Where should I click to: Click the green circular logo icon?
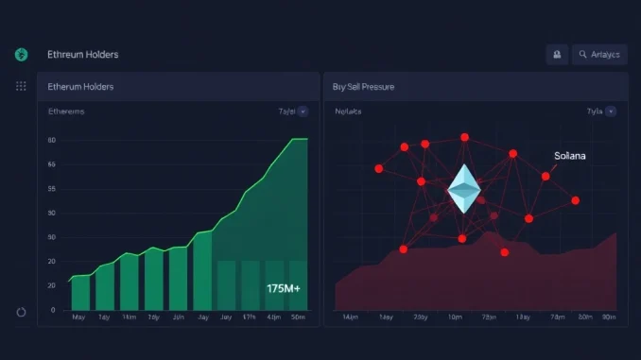tap(21, 55)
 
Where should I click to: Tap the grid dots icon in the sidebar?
tap(21, 86)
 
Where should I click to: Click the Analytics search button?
tap(599, 55)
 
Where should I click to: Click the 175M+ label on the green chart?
tap(283, 287)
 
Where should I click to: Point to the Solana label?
tap(569, 155)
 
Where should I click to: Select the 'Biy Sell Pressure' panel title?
tap(364, 87)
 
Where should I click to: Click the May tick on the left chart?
tap(79, 318)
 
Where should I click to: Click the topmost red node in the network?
tap(464, 137)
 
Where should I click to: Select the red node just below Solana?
tap(546, 176)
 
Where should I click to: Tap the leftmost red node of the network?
tap(379, 168)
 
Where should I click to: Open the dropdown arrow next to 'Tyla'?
tap(611, 111)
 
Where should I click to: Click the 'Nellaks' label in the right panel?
tap(348, 111)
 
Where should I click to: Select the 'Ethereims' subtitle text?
tap(66, 111)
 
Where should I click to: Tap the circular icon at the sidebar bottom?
tap(21, 311)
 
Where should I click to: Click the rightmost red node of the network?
tap(576, 200)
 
